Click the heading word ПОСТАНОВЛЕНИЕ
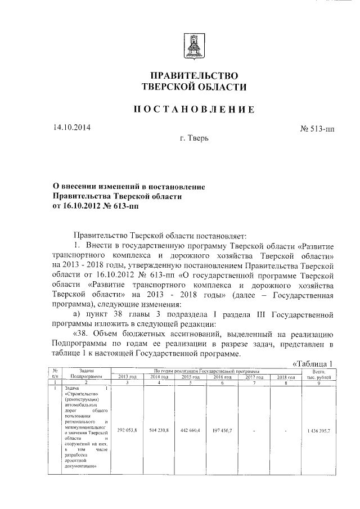[193, 109]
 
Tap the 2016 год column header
[223, 377]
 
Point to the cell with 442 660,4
[191, 430]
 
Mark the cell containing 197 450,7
[223, 430]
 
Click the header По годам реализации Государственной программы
[207, 371]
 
